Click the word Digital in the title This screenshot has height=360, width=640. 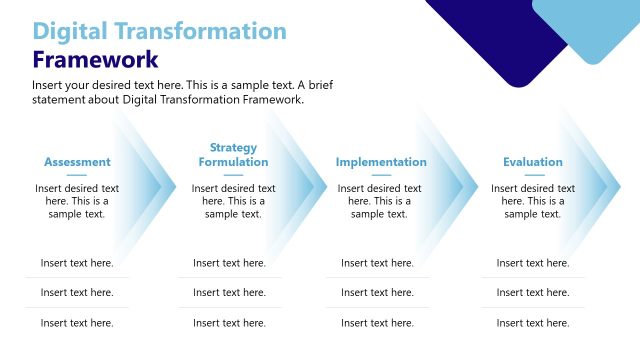pyautogui.click(x=70, y=31)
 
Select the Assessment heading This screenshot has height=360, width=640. pyautogui.click(x=77, y=162)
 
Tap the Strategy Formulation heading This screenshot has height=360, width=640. pyautogui.click(x=233, y=155)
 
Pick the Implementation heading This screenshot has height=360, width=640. pyautogui.click(x=381, y=162)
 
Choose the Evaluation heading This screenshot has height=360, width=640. pyautogui.click(x=533, y=162)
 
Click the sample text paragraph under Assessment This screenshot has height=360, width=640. pyautogui.click(x=77, y=201)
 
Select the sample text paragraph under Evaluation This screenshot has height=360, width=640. pyautogui.click(x=533, y=201)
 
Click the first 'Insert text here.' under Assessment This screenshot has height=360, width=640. pyautogui.click(x=77, y=263)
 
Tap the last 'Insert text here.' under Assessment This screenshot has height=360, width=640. pyautogui.click(x=77, y=323)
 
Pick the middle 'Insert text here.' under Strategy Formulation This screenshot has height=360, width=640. pyautogui.click(x=229, y=293)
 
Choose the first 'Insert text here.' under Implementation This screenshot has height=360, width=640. pyautogui.click(x=377, y=263)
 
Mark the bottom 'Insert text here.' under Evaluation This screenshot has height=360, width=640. pyautogui.click(x=533, y=323)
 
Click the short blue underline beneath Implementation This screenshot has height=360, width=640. pyautogui.click(x=381, y=175)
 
